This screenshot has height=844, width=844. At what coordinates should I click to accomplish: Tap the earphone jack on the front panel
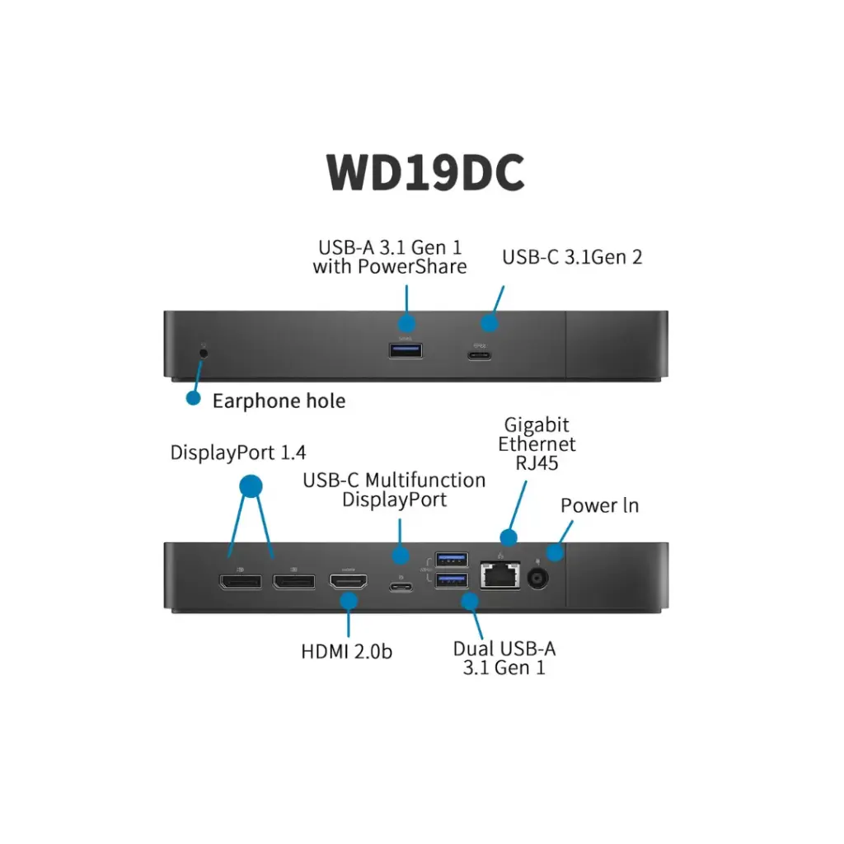coord(204,352)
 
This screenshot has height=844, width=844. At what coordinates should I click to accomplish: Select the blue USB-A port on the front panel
coord(406,351)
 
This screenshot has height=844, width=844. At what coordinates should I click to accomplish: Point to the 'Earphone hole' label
coord(279,401)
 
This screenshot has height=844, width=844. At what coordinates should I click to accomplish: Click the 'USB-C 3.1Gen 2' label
coord(572,257)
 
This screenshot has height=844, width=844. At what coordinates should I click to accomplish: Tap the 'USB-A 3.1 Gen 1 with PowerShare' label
coord(390,256)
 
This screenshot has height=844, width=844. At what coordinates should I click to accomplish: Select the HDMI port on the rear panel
coord(349,582)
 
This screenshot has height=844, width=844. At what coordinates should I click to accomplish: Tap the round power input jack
coord(537,579)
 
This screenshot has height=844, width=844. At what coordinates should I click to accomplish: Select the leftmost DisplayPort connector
coord(240,581)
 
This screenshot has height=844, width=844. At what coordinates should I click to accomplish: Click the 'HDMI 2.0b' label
coord(346,651)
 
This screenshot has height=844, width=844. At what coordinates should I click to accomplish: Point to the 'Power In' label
coord(599,505)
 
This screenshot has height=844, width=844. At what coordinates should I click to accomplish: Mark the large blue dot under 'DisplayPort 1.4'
coord(251,485)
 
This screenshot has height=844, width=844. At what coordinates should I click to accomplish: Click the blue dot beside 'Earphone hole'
coord(193,398)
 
